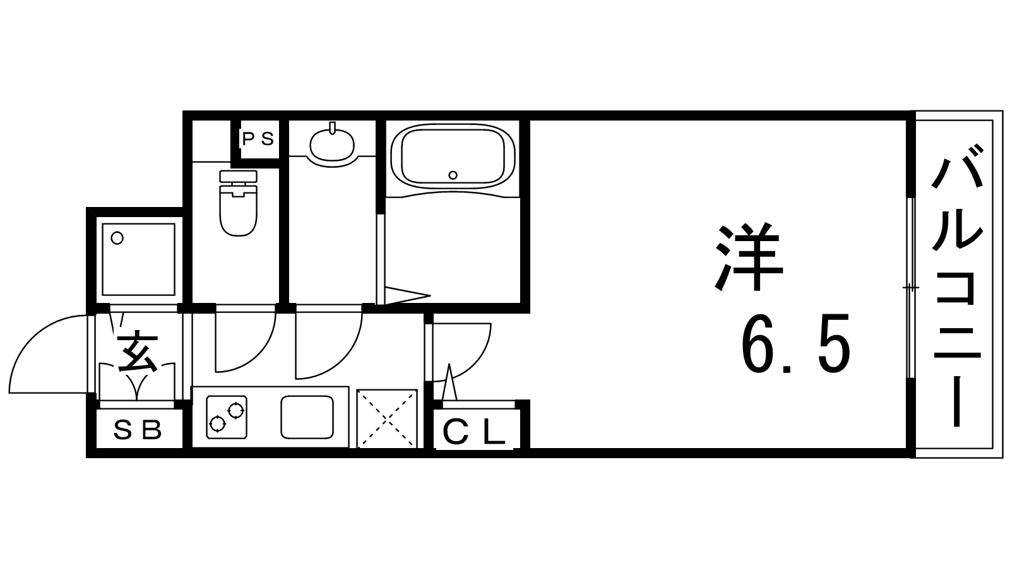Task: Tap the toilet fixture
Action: (238, 208)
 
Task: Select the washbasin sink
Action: (332, 145)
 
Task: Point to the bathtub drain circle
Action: (452, 175)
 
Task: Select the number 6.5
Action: (797, 345)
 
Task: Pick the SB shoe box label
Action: (138, 430)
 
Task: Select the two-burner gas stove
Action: (227, 417)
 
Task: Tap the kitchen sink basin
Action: (307, 417)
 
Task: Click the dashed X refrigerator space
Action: (387, 418)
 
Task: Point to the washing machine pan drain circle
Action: (117, 239)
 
